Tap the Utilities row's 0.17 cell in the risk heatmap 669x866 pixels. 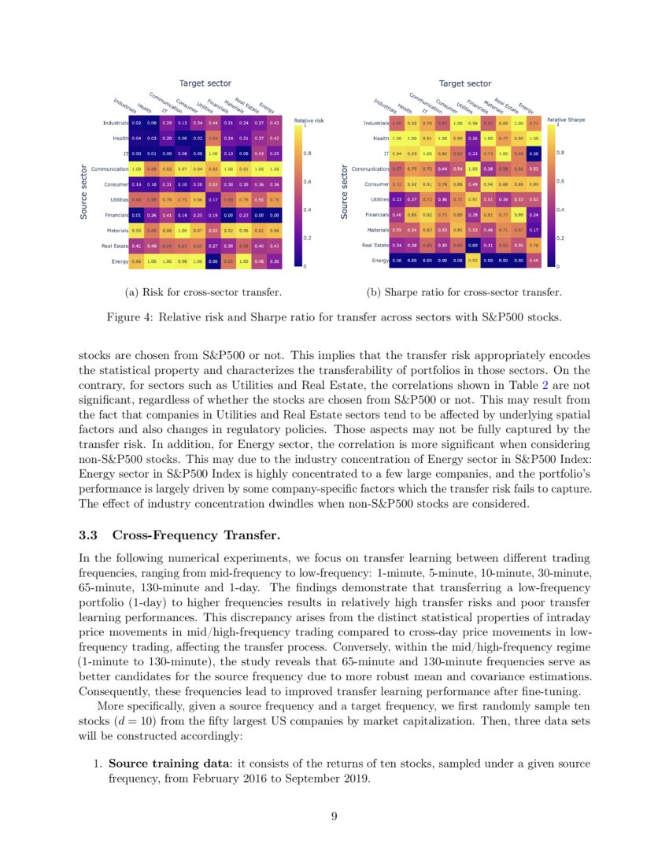pyautogui.click(x=213, y=199)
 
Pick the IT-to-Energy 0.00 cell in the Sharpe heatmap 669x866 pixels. pyautogui.click(x=534, y=154)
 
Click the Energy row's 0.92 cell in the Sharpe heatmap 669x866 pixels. pyautogui.click(x=473, y=261)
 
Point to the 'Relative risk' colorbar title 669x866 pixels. pyautogui.click(x=309, y=120)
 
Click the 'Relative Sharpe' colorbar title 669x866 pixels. pyautogui.click(x=566, y=120)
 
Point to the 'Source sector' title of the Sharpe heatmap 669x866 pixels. pyautogui.click(x=344, y=191)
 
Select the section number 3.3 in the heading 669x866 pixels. pyautogui.click(x=90, y=536)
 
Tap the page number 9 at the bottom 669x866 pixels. pyautogui.click(x=334, y=816)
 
